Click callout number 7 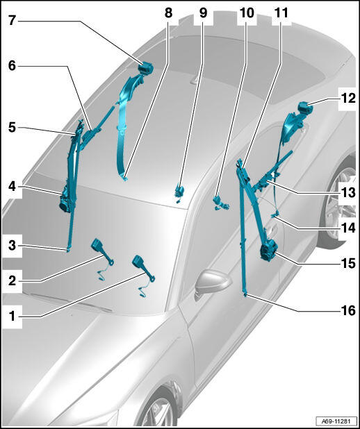point(12,21)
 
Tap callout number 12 point(348,98)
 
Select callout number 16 point(348,310)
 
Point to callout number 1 point(12,317)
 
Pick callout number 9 point(203,12)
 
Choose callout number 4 point(12,187)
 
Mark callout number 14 point(348,228)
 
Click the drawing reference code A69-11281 point(336,421)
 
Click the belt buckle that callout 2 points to point(102,252)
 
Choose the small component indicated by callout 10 point(220,203)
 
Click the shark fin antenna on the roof point(197,80)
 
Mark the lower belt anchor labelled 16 point(245,294)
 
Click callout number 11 point(281,12)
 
